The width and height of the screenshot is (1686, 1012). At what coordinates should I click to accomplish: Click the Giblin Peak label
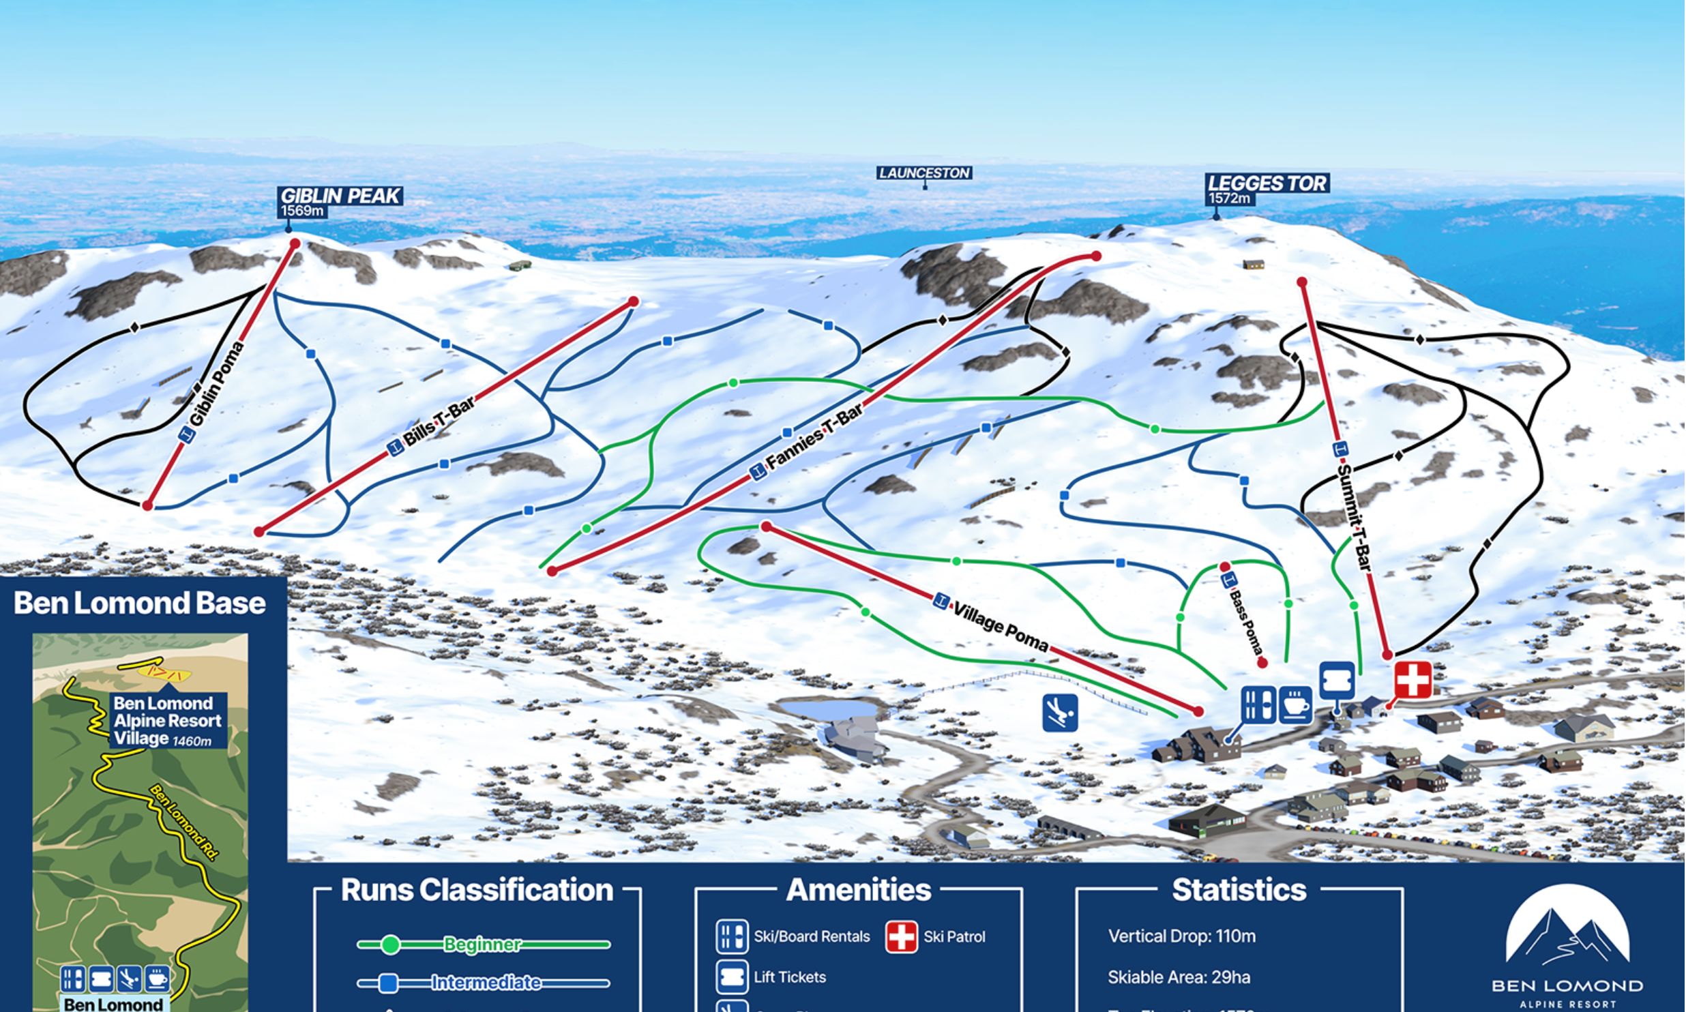coord(340,196)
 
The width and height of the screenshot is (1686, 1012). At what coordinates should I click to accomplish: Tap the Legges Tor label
coord(1267,183)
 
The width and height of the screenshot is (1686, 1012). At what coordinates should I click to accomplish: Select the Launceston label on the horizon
coord(924,173)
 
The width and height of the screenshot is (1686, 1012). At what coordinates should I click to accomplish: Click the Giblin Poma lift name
coord(218,384)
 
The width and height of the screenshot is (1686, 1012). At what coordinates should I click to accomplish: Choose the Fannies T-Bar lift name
coord(815,436)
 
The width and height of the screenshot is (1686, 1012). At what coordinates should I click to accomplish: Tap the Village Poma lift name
coord(1000,627)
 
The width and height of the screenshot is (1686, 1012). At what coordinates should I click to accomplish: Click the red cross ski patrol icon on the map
coord(1413,679)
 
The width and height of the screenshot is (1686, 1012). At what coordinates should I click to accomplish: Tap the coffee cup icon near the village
coord(1295,704)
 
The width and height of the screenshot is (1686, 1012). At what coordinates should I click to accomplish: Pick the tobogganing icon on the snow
coord(1060,713)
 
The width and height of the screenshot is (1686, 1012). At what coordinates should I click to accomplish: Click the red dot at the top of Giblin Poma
coord(295,243)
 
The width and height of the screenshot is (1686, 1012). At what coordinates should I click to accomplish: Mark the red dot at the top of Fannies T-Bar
coord(1096,256)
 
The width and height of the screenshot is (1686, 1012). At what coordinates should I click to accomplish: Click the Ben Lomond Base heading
coord(140,604)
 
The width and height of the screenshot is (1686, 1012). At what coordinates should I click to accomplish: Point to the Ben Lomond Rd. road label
coord(183,822)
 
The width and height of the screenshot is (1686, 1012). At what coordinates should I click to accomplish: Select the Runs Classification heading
coord(477,890)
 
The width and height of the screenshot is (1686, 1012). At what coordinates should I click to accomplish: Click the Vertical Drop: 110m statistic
coord(1181,936)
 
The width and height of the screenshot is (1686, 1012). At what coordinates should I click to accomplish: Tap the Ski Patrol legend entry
coord(953,937)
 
